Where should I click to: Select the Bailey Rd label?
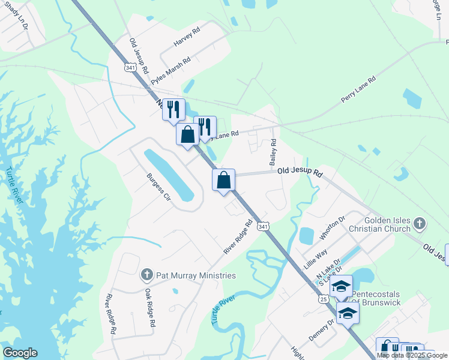273,153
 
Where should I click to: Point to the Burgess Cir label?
160,188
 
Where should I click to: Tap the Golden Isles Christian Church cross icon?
420,224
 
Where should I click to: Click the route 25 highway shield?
324,299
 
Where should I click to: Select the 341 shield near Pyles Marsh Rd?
130,68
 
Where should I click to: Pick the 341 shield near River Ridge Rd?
262,226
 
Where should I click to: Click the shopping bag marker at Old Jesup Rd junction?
223,179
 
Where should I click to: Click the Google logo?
20,353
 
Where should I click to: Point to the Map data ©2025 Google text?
412,355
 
